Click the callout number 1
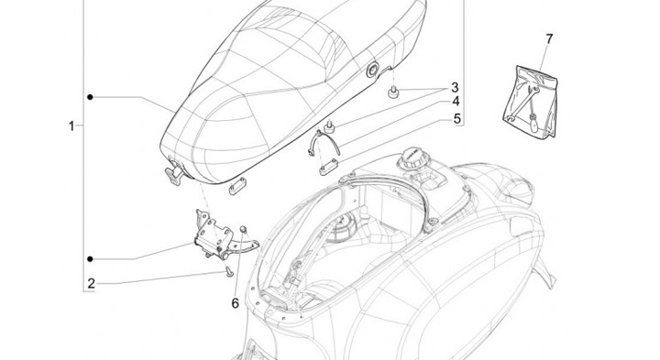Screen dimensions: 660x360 [71, 125]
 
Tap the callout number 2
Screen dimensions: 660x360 [92, 283]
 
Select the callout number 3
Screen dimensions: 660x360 [455, 87]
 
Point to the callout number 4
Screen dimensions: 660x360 [456, 102]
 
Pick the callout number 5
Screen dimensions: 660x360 [457, 119]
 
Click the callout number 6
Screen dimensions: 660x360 [235, 303]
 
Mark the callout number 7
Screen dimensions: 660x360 [549, 39]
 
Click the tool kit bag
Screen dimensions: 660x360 [531, 101]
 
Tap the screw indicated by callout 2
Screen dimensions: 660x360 [228, 272]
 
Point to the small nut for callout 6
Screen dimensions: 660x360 [243, 229]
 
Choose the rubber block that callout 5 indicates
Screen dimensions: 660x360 [329, 167]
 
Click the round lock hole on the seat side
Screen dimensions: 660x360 [372, 71]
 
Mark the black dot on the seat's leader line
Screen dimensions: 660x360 [90, 97]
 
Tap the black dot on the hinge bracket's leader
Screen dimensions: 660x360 [90, 259]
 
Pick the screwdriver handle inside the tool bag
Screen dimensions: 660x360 [534, 125]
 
